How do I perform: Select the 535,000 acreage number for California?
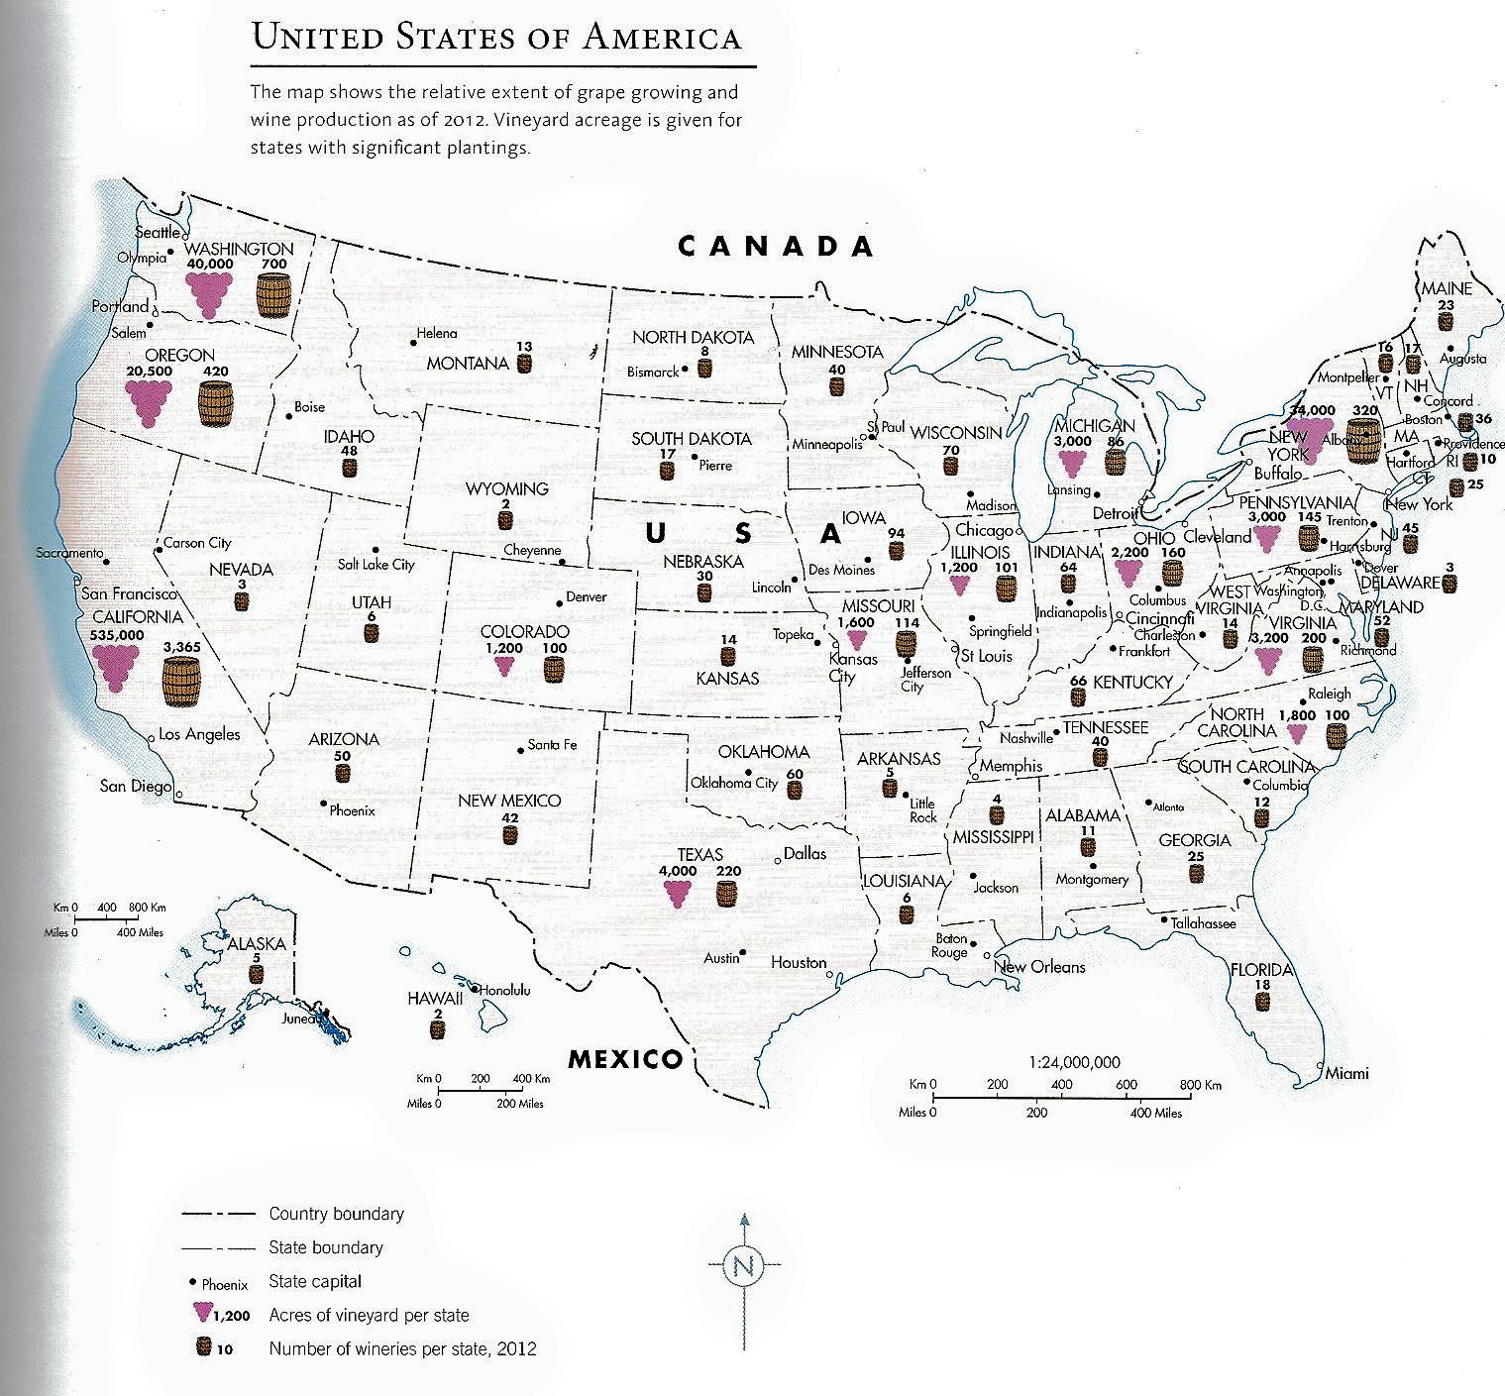coord(117,634)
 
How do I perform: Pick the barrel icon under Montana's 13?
coord(525,363)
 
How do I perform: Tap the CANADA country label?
coord(776,247)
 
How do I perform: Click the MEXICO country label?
coord(625,1059)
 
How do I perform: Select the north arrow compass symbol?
coord(744,1265)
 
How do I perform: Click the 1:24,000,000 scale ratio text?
coord(1075,1062)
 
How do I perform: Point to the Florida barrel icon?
coord(1262,1001)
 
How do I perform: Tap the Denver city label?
coord(585,597)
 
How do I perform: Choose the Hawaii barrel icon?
coord(437,1028)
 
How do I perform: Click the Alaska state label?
coord(257,944)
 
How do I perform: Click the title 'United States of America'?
coord(496,38)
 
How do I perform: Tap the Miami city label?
coord(1346,1073)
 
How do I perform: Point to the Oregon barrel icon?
coord(215,404)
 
